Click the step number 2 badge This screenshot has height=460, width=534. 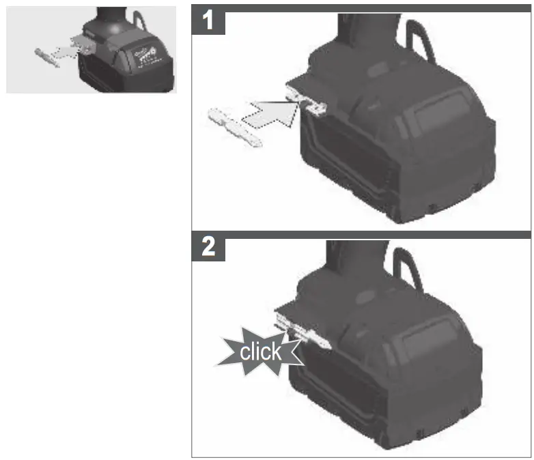210,247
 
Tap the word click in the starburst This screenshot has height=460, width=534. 260,351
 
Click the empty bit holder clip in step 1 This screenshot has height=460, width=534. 307,102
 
